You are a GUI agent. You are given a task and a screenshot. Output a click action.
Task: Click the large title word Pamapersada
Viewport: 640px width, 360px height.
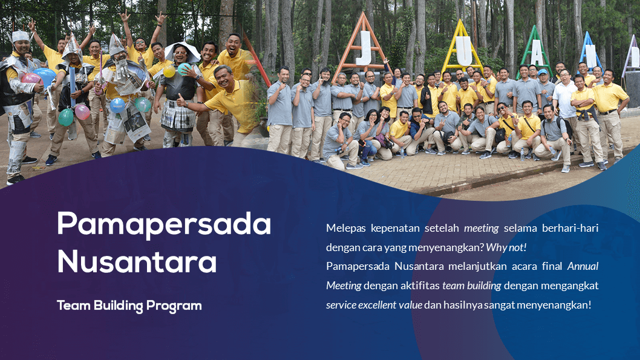164,224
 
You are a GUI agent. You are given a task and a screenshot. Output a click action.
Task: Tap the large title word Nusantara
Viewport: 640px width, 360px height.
137,261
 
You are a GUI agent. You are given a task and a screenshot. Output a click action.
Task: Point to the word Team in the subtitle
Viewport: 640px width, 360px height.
73,306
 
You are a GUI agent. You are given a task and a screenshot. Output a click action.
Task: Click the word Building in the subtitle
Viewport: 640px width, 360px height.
118,306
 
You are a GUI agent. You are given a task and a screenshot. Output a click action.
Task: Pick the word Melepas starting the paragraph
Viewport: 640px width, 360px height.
346,228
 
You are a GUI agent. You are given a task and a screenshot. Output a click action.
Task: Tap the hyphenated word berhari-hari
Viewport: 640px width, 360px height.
570,227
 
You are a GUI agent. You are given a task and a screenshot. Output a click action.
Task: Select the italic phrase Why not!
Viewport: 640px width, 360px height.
506,247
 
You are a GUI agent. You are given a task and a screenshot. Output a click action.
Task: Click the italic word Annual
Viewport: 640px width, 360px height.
583,266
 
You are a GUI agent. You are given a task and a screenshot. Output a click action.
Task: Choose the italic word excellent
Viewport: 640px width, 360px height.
377,305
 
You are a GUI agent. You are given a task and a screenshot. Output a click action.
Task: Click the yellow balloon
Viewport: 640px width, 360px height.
169,71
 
